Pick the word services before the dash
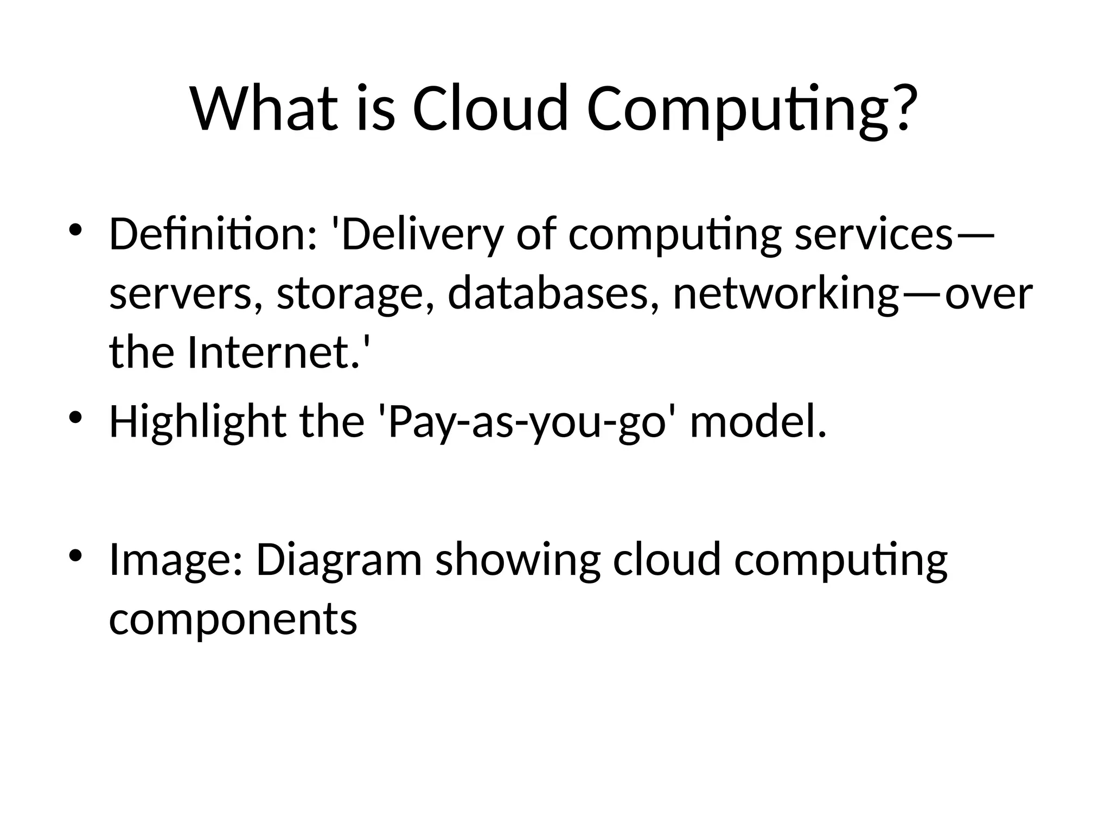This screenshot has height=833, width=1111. [x=873, y=234]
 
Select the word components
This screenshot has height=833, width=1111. [x=233, y=619]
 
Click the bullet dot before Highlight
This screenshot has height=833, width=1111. [x=75, y=418]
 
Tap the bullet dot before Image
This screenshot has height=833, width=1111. [x=75, y=556]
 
